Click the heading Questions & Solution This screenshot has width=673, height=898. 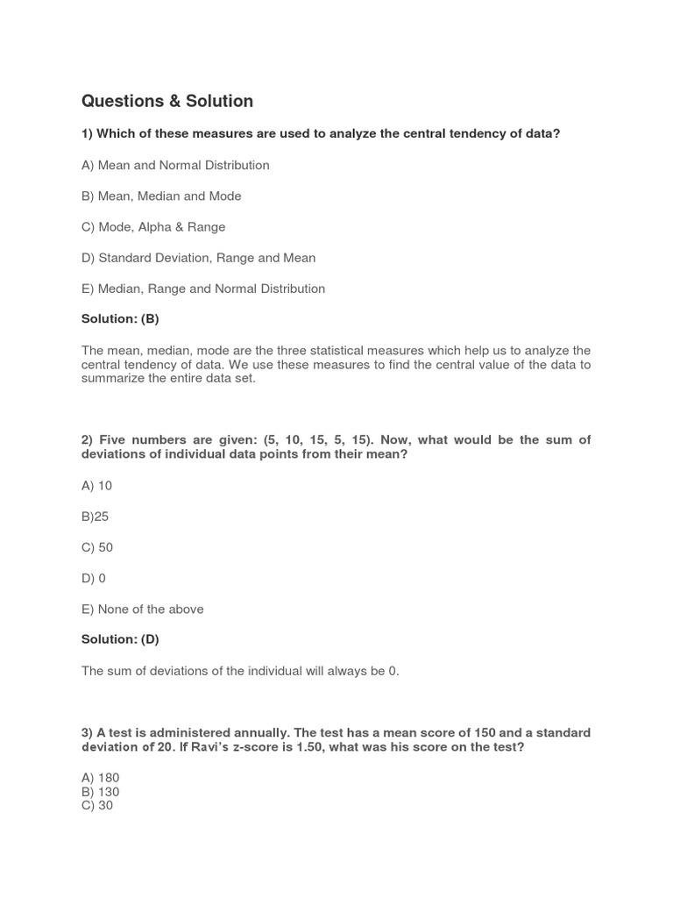pos(167,102)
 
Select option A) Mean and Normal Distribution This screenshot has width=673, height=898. pos(175,165)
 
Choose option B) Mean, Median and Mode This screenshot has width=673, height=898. pos(161,196)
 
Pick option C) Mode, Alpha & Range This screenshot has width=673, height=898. pos(153,226)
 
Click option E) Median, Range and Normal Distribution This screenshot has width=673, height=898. pos(203,289)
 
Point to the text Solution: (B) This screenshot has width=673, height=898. pos(120,319)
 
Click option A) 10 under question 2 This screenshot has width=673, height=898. pos(96,486)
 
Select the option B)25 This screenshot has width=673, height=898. pos(95,517)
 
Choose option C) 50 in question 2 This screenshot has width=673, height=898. pos(97,547)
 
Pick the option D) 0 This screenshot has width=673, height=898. pos(94,578)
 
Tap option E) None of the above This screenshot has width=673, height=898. pos(142,609)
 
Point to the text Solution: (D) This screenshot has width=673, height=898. pos(120,639)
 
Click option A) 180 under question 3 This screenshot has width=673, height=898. pos(100,778)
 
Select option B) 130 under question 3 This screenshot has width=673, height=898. pos(100,792)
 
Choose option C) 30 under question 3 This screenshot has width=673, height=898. pos(97,805)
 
